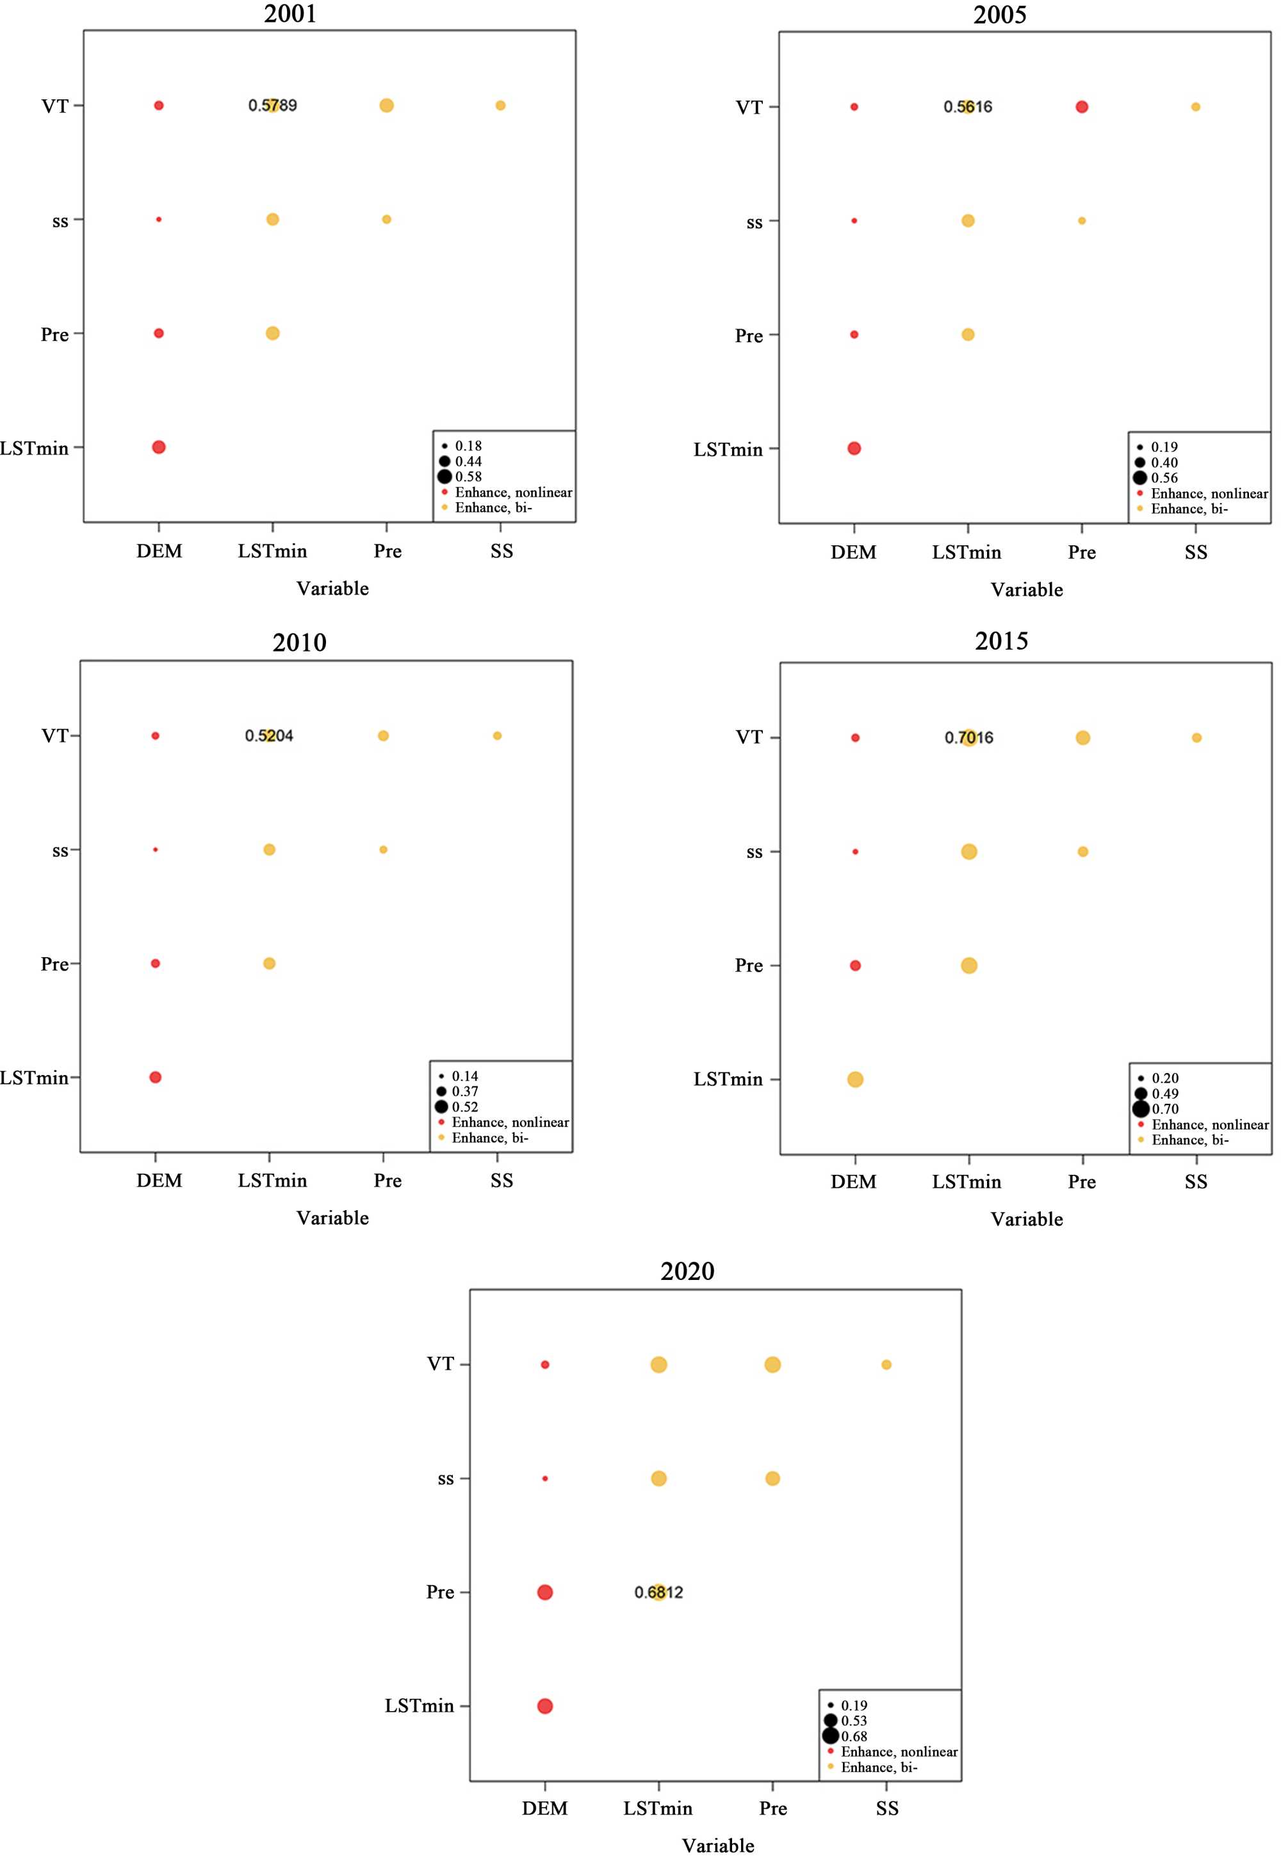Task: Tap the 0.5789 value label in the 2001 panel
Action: [272, 105]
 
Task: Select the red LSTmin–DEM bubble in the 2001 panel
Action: [159, 447]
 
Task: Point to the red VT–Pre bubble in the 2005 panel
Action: [1082, 107]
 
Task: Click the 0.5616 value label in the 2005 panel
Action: [967, 107]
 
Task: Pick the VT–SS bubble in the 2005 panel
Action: [1196, 107]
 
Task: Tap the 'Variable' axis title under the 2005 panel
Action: [1027, 590]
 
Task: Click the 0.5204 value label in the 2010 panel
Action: [269, 735]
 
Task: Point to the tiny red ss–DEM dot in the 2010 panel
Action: [156, 849]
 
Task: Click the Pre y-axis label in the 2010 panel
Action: [54, 963]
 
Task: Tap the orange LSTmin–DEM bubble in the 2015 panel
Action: [856, 1079]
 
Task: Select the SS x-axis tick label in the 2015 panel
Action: [1196, 1182]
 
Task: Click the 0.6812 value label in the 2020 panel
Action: [658, 1592]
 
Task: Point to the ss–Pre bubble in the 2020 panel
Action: [773, 1478]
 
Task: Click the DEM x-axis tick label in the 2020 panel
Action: [545, 1808]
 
